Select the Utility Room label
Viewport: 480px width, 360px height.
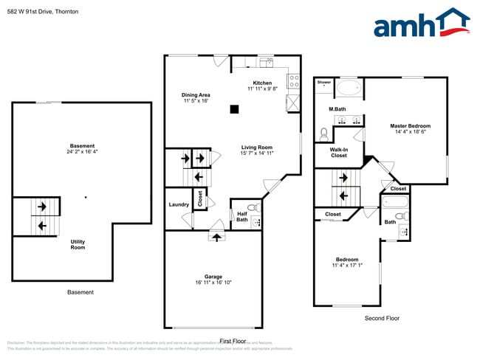(x=78, y=244)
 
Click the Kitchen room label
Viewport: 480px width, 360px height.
(x=262, y=83)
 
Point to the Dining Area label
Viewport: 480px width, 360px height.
(x=196, y=94)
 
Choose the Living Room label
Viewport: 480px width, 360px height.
(x=257, y=147)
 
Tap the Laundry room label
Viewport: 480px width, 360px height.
(x=179, y=204)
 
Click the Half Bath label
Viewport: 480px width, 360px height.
(x=242, y=216)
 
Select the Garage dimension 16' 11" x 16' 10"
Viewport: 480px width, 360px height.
(x=213, y=283)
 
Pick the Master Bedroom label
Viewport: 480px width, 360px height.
(x=410, y=126)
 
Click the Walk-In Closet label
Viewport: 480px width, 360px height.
(x=339, y=153)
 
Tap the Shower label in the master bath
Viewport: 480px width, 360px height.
(x=324, y=83)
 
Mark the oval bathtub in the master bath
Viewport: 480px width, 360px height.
(x=349, y=90)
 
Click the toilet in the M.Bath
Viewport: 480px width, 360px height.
(x=323, y=134)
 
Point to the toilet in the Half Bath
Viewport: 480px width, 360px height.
(x=251, y=207)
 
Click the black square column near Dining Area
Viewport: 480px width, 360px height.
(x=234, y=109)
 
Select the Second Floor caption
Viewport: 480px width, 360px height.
(x=382, y=318)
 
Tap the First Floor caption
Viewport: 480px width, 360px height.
(x=233, y=341)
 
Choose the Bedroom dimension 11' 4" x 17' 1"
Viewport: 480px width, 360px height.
(x=347, y=266)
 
